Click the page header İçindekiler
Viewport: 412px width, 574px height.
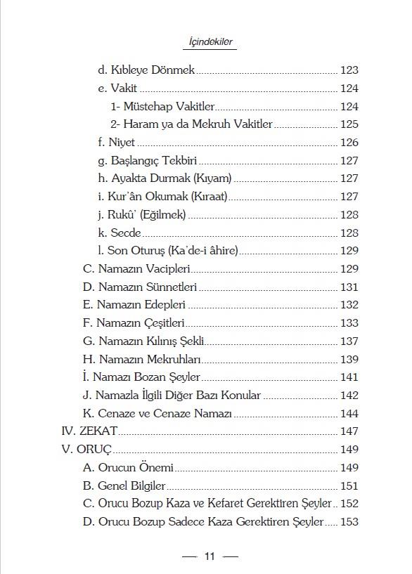click(x=211, y=43)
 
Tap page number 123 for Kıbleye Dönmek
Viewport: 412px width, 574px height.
click(x=349, y=70)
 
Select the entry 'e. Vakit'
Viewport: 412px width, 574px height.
click(x=117, y=89)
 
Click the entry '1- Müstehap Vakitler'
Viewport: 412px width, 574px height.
click(x=162, y=107)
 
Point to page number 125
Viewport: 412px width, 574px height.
click(x=349, y=124)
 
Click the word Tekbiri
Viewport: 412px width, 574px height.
click(x=176, y=161)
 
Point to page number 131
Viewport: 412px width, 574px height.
click(x=349, y=287)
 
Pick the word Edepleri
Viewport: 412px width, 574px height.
click(x=162, y=306)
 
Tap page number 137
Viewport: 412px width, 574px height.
click(x=349, y=341)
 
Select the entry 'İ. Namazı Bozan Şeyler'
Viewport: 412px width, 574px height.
click(x=141, y=377)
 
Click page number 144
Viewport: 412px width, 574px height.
click(x=349, y=414)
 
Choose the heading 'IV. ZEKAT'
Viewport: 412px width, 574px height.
click(x=89, y=431)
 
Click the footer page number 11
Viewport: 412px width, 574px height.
click(x=209, y=557)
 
